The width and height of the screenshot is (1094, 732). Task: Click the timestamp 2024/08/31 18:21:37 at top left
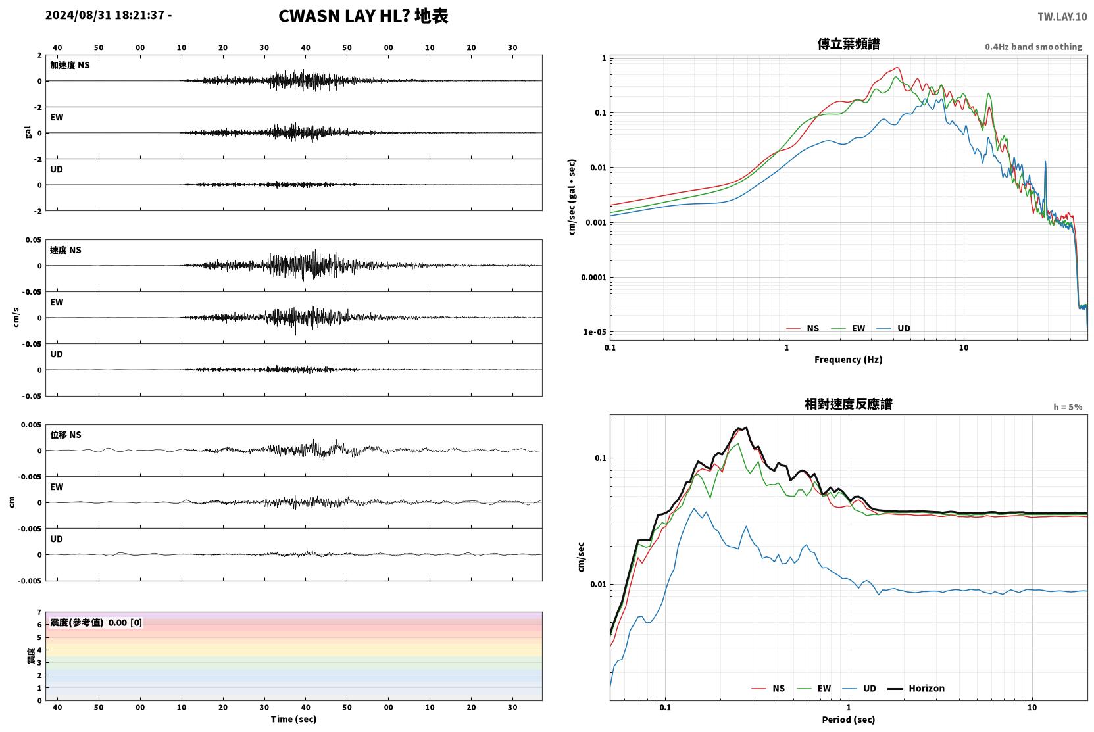[x=105, y=15]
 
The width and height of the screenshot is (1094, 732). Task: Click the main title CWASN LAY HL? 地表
[x=363, y=16]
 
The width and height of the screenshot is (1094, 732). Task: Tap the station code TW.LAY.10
[x=1062, y=17]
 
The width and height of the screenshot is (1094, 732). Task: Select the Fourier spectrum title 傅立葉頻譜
[x=849, y=45]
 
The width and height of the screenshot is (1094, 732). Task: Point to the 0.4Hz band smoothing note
[x=1033, y=47]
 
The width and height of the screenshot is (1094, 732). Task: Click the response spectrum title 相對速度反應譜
[x=849, y=404]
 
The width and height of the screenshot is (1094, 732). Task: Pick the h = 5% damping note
[x=1068, y=407]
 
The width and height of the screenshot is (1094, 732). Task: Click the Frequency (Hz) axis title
[x=849, y=360]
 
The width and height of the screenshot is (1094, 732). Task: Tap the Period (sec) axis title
[x=849, y=720]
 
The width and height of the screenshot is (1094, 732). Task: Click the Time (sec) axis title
[x=293, y=720]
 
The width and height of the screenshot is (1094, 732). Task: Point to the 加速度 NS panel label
[x=70, y=65]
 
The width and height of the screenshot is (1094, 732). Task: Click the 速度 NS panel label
[x=65, y=250]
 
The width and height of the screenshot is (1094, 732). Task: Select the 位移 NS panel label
[x=65, y=435]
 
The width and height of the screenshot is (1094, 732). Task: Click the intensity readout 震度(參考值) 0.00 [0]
[x=96, y=623]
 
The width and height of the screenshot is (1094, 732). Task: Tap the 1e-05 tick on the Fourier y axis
[x=595, y=333]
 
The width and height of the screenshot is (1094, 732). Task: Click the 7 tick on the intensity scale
[x=39, y=612]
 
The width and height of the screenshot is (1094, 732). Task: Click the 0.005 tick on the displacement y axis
[x=31, y=425]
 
